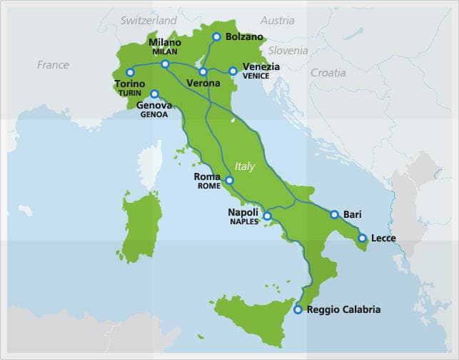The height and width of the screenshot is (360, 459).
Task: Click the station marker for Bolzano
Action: pyautogui.click(x=217, y=37)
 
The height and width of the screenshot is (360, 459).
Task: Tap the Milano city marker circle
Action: pyautogui.click(x=165, y=64)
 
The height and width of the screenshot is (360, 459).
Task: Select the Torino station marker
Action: pyautogui.click(x=130, y=72)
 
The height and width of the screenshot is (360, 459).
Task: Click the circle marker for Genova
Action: pyautogui.click(x=154, y=94)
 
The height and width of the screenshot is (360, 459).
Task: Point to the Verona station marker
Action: pyautogui.click(x=203, y=71)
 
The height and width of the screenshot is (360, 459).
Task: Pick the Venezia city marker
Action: pyautogui.click(x=233, y=71)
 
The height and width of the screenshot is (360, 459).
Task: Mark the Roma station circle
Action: pyautogui.click(x=229, y=181)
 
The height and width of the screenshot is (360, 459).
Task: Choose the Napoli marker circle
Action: pyautogui.click(x=267, y=216)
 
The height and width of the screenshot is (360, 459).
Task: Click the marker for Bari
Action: pyautogui.click(x=334, y=214)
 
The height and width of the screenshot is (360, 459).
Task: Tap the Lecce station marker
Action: pyautogui.click(x=362, y=238)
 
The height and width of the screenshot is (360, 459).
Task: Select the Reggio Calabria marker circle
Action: pyautogui.click(x=298, y=310)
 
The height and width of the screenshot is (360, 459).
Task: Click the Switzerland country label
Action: pyautogui.click(x=148, y=21)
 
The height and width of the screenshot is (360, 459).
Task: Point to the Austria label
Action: pyautogui.click(x=277, y=21)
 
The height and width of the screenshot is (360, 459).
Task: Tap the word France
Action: pyautogui.click(x=53, y=65)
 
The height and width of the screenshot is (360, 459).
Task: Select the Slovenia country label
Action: pyautogui.click(x=288, y=51)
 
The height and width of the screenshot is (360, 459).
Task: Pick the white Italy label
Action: pyautogui.click(x=245, y=166)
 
